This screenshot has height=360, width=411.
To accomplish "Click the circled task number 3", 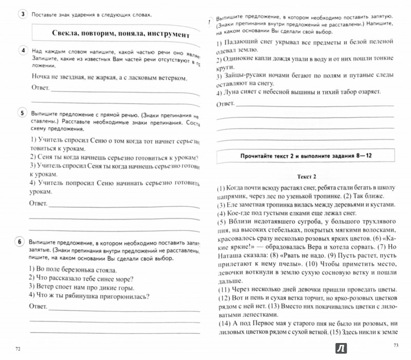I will pyautogui.click(x=21, y=14).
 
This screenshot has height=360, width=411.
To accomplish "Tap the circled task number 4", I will pyautogui.click(x=21, y=50).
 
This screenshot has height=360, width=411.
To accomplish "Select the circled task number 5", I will pyautogui.click(x=21, y=113).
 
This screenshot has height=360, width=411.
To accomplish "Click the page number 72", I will pyautogui.click(x=19, y=349).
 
